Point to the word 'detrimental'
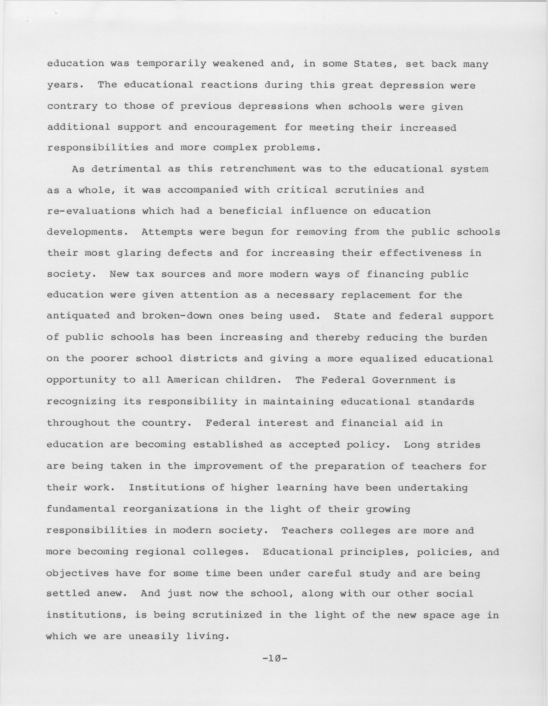pos(126,169)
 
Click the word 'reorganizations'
pos(170,509)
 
